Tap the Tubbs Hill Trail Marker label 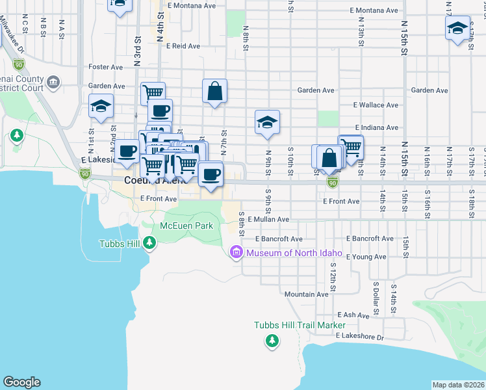(300, 325)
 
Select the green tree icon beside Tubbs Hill (150, 243)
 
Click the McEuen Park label (186, 226)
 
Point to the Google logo (21, 382)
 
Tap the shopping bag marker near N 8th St (214, 92)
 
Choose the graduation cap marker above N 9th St (266, 122)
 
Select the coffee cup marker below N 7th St (211, 174)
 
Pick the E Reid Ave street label (183, 46)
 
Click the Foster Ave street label (106, 67)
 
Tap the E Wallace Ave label (376, 105)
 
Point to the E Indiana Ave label (376, 128)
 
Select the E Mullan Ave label (268, 220)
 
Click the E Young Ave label (366, 257)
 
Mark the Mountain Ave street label (306, 294)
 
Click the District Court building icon (53, 83)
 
